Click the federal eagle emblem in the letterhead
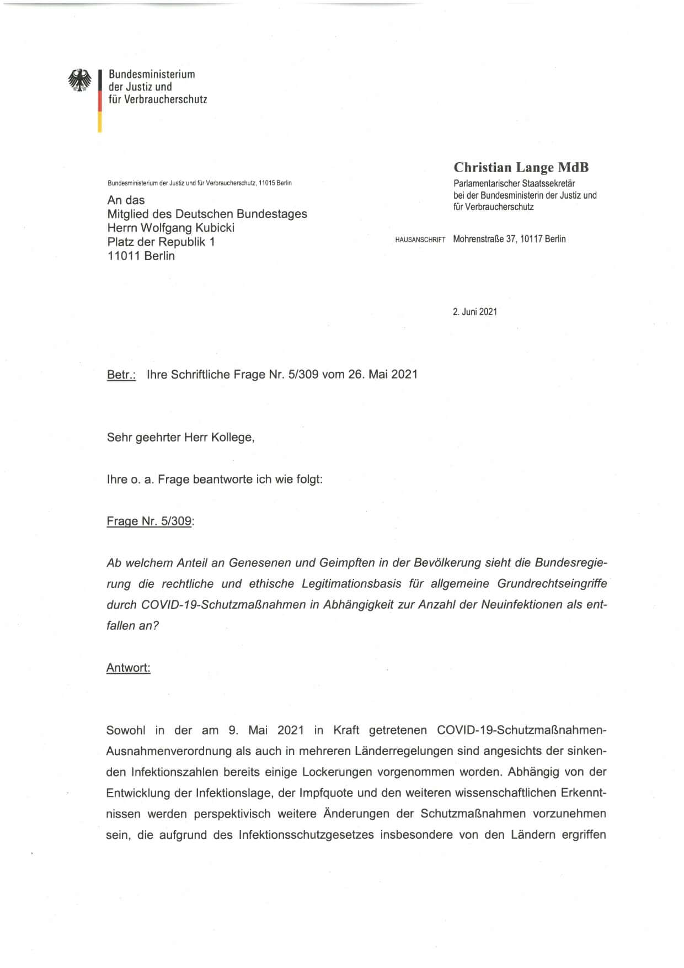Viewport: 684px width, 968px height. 80,81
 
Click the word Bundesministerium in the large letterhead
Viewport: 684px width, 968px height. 152,74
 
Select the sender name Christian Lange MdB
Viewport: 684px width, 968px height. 521,168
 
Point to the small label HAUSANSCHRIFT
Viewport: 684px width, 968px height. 420,240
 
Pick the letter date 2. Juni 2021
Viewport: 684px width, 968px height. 474,312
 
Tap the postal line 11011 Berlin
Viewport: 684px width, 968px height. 141,256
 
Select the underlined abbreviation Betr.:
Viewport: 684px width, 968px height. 121,375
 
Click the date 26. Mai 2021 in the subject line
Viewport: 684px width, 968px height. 382,375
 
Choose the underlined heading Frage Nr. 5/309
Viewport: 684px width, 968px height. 149,521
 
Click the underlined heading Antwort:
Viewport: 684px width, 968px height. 128,668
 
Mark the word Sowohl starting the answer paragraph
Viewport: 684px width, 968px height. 126,731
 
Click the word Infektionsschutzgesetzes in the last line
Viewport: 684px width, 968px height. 306,835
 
